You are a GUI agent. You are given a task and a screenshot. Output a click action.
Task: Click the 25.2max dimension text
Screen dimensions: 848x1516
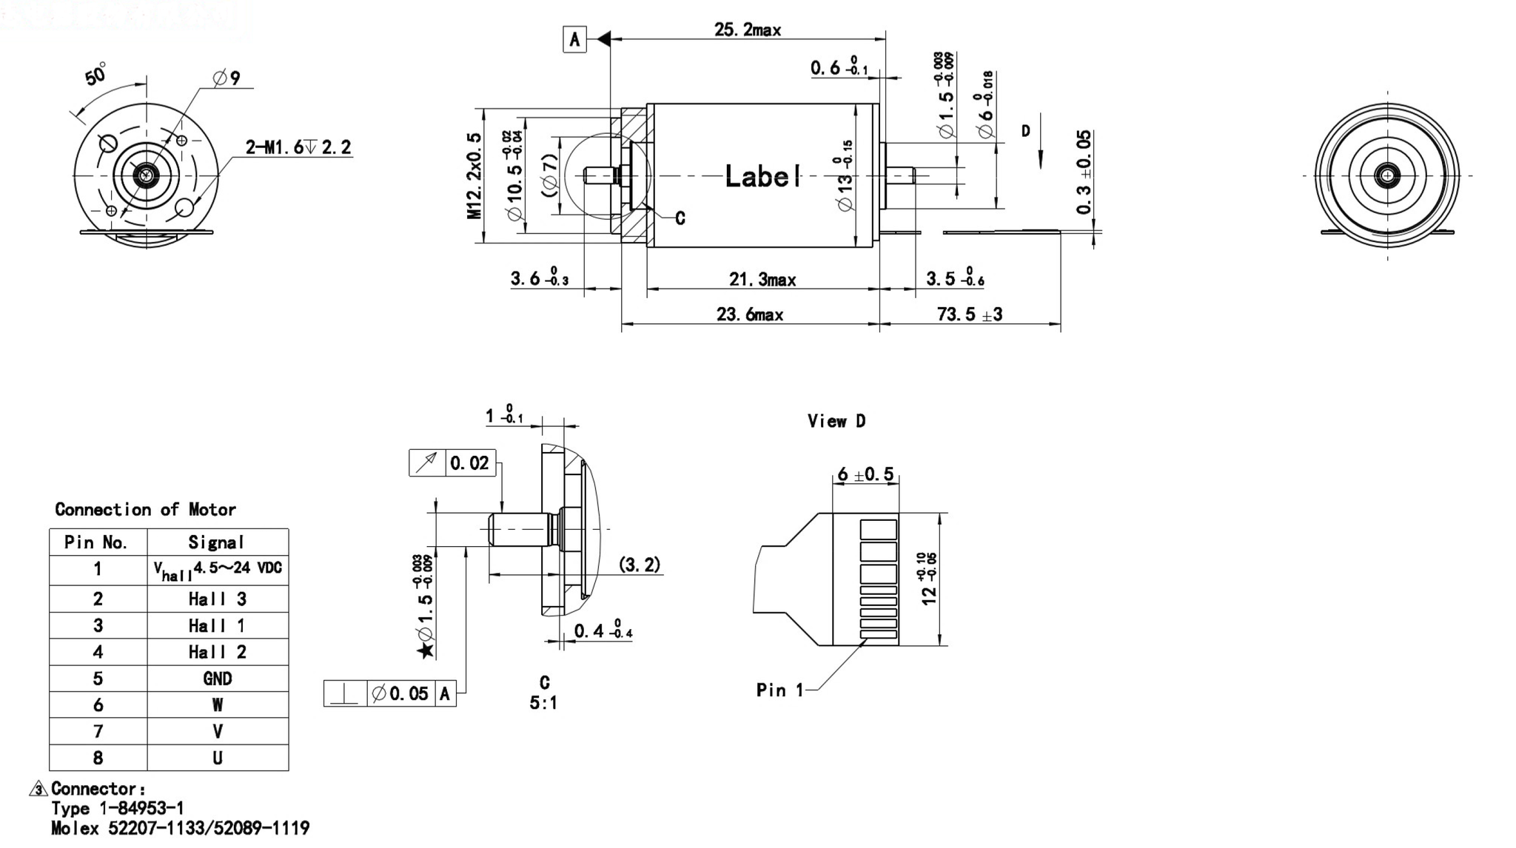pos(747,30)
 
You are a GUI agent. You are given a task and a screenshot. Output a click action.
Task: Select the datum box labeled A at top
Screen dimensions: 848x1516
pos(574,39)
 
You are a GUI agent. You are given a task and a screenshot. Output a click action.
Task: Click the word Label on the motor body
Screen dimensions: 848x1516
pos(762,176)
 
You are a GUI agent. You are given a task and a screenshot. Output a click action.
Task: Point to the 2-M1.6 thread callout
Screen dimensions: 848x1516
pos(298,147)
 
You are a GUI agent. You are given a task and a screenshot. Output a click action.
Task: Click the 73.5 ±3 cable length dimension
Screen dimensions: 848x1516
pos(969,314)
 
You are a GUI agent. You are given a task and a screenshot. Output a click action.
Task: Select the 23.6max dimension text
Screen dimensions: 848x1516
pos(749,314)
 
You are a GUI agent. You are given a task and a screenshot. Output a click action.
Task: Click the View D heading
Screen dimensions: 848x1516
pos(836,421)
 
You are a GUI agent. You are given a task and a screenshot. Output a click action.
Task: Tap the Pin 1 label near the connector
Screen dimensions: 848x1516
pos(779,690)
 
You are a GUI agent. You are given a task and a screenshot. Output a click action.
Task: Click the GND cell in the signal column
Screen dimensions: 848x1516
pos(217,679)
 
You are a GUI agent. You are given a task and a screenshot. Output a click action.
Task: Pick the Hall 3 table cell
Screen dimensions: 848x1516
pos(217,599)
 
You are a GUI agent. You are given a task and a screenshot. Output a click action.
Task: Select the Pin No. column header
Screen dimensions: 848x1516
pos(96,542)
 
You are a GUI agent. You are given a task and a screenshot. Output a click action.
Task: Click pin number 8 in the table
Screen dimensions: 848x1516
pos(98,758)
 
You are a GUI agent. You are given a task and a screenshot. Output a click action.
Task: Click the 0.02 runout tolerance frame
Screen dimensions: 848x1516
pos(452,463)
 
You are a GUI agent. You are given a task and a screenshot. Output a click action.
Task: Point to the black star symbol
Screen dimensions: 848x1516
pos(425,650)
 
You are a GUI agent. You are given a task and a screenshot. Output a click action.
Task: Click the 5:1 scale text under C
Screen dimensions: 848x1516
pos(543,703)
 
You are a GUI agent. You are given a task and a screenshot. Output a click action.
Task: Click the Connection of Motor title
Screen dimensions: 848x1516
pos(145,509)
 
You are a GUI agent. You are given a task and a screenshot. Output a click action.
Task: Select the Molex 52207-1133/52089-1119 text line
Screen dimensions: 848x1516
pos(180,828)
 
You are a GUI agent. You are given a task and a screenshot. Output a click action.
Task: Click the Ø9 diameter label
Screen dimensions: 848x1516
pos(227,78)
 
